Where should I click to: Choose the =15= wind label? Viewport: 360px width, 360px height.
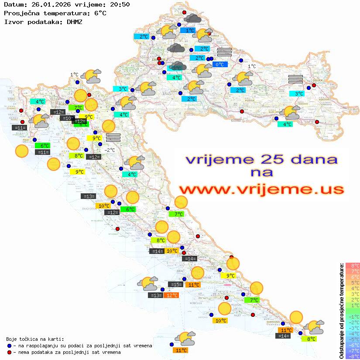pyautogui.click(x=175, y=285)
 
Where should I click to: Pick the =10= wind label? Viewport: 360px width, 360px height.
pyautogui.click(x=67, y=118)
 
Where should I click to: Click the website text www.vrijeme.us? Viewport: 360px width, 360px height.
pyautogui.click(x=261, y=189)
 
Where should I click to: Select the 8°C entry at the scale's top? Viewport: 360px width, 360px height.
pyautogui.click(x=353, y=266)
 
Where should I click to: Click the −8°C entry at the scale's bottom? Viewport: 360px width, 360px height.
pyautogui.click(x=352, y=356)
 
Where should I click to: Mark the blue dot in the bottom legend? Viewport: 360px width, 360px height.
pyautogui.click(x=9, y=346)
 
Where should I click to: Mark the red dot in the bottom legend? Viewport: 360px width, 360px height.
pyautogui.click(x=9, y=352)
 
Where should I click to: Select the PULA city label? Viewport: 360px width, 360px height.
pyautogui.click(x=27, y=140)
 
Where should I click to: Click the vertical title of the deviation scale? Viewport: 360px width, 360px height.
pyautogui.click(x=342, y=311)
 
